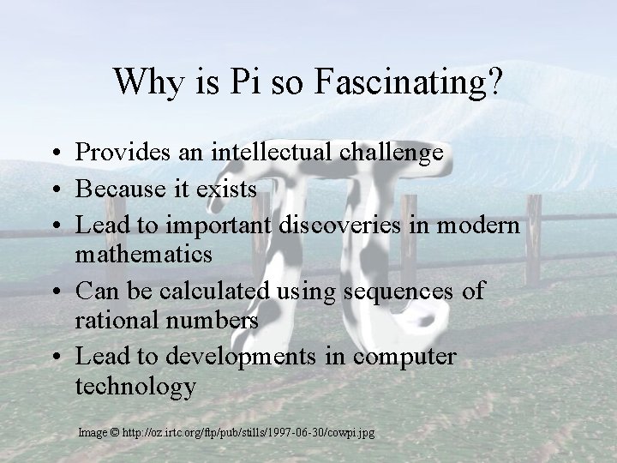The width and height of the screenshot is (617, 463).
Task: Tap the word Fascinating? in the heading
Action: tap(409, 82)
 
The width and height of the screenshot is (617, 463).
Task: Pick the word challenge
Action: tap(392, 153)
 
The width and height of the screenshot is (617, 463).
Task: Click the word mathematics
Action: tap(144, 255)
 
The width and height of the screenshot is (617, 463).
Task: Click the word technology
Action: tap(135, 387)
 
